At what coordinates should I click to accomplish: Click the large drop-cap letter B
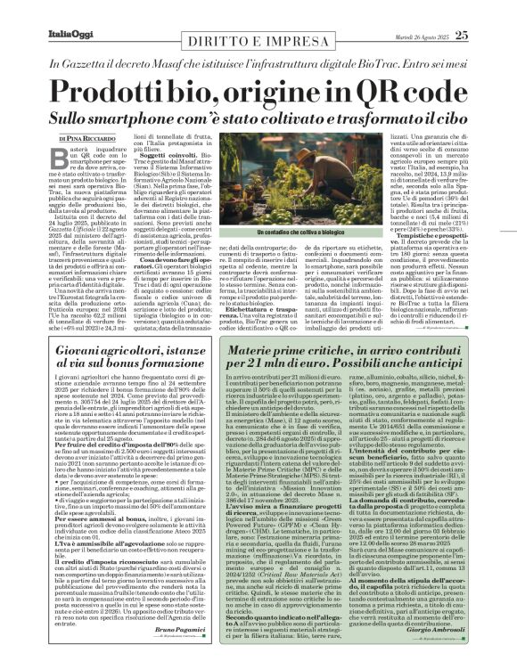pos(57,159)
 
